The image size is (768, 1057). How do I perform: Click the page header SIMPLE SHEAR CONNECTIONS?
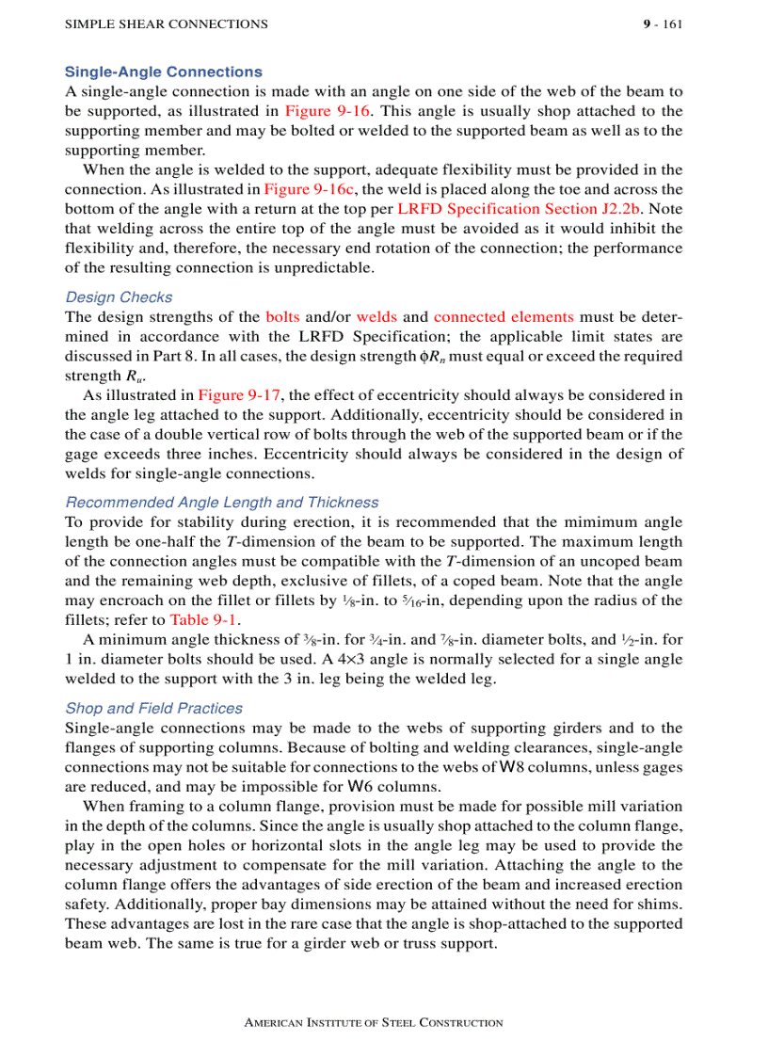(166, 24)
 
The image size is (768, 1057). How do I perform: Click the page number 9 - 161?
(663, 24)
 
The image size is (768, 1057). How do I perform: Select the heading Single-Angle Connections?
(163, 72)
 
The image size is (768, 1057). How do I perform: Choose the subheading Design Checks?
(119, 297)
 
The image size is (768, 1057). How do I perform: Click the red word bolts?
(282, 317)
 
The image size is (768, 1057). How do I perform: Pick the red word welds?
(376, 317)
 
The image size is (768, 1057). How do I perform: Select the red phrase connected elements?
(504, 317)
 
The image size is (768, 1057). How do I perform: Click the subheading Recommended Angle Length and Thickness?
(222, 503)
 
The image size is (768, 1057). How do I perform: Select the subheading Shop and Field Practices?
(153, 708)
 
